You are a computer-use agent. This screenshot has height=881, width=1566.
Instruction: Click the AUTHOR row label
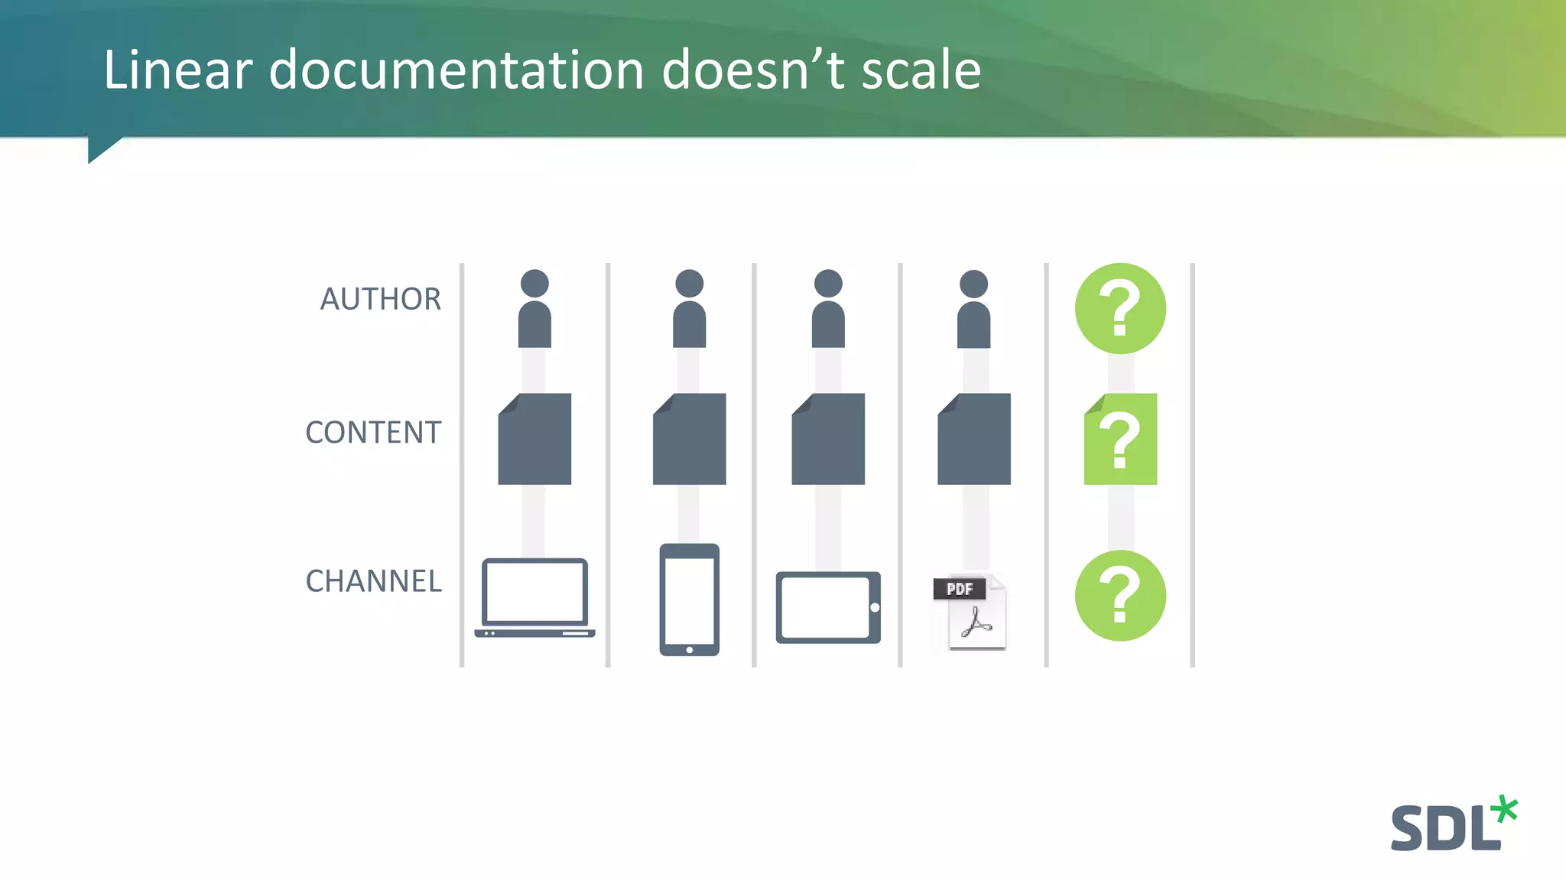click(x=380, y=299)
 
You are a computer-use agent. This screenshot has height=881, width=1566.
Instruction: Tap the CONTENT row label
click(x=373, y=433)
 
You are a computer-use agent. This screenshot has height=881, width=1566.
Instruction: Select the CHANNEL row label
click(x=373, y=581)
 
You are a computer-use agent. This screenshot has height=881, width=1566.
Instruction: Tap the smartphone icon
click(x=689, y=600)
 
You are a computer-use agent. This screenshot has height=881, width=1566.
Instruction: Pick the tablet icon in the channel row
click(x=828, y=607)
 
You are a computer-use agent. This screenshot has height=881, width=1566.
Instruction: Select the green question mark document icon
click(x=1120, y=439)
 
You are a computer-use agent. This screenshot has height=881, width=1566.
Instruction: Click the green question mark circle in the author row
click(x=1120, y=308)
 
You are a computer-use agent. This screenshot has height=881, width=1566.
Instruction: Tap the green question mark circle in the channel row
click(x=1120, y=596)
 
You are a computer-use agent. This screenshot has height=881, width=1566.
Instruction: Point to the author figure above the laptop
click(x=534, y=309)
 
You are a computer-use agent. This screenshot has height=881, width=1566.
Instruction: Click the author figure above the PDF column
click(x=973, y=309)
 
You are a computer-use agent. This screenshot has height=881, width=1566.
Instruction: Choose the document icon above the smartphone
click(x=689, y=439)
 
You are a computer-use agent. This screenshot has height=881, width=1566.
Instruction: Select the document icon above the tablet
click(x=828, y=439)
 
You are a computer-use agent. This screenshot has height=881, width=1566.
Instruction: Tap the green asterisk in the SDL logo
click(x=1505, y=809)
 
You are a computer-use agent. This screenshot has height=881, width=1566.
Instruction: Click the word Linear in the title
click(x=177, y=70)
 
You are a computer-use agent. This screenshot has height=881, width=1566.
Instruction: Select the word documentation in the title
click(x=456, y=70)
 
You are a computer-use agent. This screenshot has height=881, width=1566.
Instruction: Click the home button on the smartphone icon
click(x=689, y=650)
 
